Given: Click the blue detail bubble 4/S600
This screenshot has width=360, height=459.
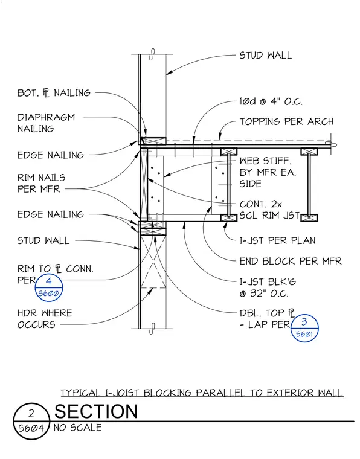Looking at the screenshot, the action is [49, 287].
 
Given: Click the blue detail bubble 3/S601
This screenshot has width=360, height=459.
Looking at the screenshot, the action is [304, 328].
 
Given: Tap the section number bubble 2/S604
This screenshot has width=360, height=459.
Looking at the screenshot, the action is [31, 421].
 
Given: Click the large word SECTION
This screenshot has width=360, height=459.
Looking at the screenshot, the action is [96, 411].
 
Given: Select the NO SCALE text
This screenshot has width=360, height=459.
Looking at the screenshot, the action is [77, 428].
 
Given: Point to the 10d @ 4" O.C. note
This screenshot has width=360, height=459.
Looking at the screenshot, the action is [271, 101].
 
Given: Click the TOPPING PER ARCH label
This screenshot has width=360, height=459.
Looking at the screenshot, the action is [286, 121].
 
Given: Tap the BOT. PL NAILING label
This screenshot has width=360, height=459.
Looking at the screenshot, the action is [54, 93].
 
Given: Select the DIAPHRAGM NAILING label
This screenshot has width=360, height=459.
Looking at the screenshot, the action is [47, 123].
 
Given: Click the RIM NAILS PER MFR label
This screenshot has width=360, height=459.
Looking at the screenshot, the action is [41, 183].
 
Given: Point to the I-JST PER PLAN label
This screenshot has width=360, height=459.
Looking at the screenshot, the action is [277, 240].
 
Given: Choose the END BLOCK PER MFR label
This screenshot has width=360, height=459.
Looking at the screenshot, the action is [291, 261].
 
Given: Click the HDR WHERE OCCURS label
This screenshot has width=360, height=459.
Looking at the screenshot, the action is [45, 319].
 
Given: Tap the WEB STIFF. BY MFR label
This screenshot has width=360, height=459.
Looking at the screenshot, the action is [268, 172].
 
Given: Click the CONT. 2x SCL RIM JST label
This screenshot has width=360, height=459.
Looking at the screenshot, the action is [269, 210].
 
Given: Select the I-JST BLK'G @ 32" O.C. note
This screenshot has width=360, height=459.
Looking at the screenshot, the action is [268, 287].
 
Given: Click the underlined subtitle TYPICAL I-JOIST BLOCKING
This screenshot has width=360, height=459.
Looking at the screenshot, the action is [202, 393].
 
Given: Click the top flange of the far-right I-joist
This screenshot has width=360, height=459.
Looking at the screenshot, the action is [309, 152].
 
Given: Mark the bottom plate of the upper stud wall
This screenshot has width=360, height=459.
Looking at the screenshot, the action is [153, 141].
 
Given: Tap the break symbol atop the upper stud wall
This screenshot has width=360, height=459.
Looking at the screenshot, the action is [152, 54].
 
